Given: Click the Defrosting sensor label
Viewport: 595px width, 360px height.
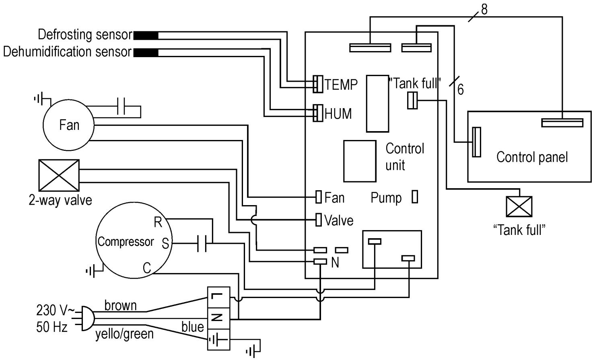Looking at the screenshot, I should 85,35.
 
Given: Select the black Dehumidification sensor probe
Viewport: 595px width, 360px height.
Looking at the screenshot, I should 145,53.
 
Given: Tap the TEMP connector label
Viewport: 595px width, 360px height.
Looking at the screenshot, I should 341,84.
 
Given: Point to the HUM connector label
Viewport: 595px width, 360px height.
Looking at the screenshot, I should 338,114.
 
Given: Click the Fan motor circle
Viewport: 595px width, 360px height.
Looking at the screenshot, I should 68,125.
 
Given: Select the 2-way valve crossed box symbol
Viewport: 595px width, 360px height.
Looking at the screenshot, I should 59,175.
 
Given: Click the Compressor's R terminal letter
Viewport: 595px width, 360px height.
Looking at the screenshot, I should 158,222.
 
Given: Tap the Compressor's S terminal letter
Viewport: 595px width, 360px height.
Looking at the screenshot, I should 165,243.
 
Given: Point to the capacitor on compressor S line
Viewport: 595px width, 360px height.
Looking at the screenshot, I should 202,243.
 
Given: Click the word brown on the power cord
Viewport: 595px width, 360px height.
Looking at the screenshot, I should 120,305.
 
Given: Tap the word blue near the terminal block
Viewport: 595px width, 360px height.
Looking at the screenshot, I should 192,327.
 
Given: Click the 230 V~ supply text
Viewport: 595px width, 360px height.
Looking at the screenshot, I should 56,310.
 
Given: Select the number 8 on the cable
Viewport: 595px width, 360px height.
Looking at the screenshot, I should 484,9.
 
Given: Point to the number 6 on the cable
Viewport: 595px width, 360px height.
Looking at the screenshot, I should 460,90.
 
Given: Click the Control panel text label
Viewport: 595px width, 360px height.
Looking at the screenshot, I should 532,157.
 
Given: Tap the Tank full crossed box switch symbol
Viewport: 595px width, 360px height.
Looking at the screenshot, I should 519,207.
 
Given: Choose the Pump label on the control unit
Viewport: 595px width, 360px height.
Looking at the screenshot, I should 386,198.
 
